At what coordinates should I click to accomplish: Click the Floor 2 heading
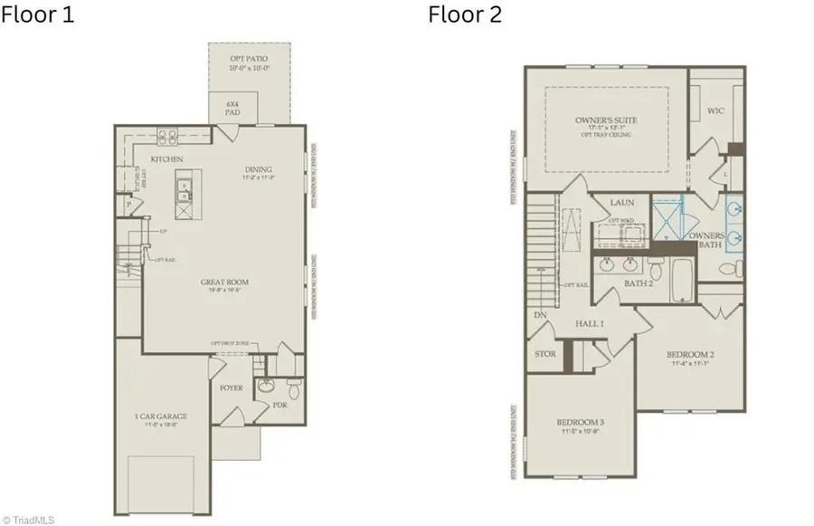[464, 15]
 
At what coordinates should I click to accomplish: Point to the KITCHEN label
[167, 159]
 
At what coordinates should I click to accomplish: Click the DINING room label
[258, 170]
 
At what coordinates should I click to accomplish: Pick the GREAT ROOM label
[225, 283]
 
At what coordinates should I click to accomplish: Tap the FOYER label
[232, 388]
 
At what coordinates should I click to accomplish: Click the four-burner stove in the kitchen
[167, 137]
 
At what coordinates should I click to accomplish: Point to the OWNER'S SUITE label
[607, 120]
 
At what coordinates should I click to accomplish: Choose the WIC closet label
[715, 111]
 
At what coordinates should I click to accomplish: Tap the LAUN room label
[621, 203]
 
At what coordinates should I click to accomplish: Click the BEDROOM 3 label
[580, 423]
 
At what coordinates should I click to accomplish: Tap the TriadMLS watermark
[30, 519]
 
